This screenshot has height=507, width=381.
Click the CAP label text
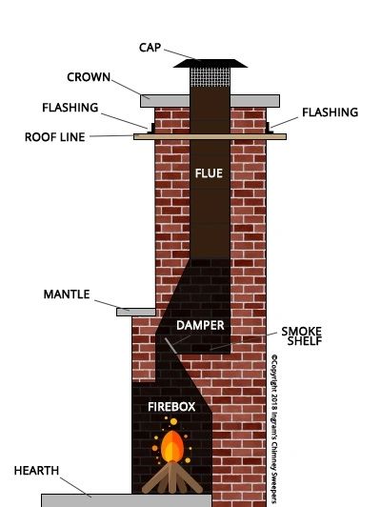(150, 48)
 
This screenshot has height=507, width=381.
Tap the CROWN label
(89, 77)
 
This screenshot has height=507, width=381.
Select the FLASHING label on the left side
(70, 108)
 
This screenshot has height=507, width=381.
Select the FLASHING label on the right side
(330, 112)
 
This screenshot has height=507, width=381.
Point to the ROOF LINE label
(55, 137)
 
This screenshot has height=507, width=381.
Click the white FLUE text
(209, 173)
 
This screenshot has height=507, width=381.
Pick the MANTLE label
(67, 294)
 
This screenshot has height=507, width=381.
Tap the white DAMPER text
(200, 325)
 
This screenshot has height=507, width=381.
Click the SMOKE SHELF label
(302, 336)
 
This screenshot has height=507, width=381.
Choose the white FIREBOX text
(171, 407)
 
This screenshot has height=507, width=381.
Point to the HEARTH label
(36, 471)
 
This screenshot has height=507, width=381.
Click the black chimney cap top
(211, 63)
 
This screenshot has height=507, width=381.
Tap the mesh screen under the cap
(211, 77)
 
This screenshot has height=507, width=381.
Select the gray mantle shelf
(136, 312)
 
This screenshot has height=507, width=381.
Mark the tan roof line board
(211, 137)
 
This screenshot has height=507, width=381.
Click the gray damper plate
(170, 346)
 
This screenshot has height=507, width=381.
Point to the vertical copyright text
(274, 430)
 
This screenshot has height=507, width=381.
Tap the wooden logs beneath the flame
(172, 477)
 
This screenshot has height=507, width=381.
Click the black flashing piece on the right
(269, 128)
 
